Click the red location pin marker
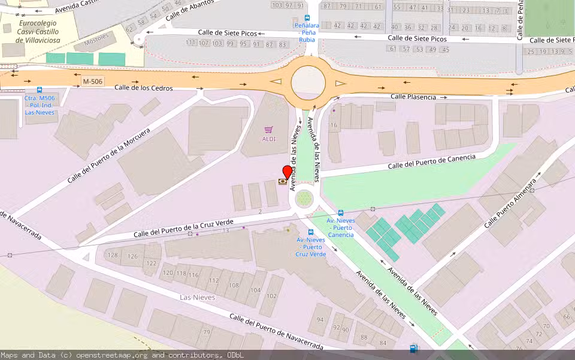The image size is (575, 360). click(x=287, y=172)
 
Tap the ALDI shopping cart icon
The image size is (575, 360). click(x=269, y=130)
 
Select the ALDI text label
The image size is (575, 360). click(x=269, y=139)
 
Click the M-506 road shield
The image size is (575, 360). click(x=93, y=81)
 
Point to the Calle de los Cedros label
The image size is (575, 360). click(x=144, y=88)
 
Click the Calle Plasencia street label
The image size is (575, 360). click(x=413, y=97)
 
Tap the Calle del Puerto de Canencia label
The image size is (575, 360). click(x=431, y=161)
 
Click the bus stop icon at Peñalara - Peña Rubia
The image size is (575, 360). click(x=307, y=18)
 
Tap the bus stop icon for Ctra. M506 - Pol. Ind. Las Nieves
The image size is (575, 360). click(x=40, y=90)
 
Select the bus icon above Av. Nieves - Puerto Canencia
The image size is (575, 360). click(x=341, y=212)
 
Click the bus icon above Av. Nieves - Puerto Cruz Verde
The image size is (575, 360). click(x=311, y=232)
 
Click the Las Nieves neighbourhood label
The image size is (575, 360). click(x=198, y=298)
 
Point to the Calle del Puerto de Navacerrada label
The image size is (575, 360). click(x=276, y=332)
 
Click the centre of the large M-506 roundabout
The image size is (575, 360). click(x=308, y=83)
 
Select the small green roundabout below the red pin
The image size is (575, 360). click(x=304, y=197)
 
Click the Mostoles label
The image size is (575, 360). click(x=96, y=40)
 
